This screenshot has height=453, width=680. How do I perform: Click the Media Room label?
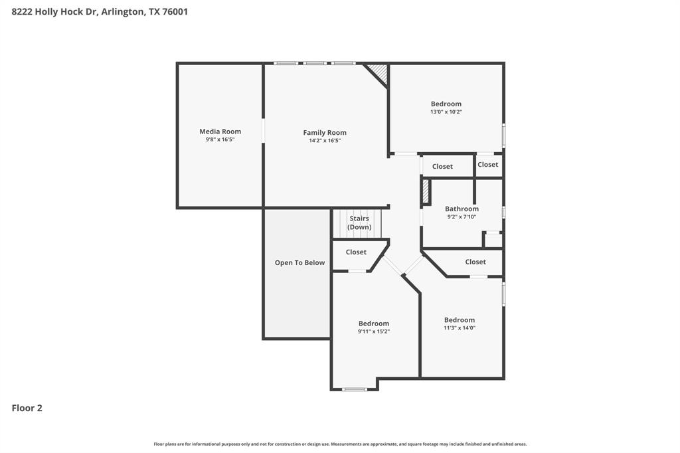220,132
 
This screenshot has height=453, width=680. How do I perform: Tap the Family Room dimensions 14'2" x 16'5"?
325,141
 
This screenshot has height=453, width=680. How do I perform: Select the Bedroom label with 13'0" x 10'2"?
446,104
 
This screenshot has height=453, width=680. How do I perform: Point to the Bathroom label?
462,209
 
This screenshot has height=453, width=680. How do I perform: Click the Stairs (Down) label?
359,223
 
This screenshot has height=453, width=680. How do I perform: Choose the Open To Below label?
299,262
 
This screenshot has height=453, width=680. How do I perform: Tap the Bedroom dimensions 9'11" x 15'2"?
374,331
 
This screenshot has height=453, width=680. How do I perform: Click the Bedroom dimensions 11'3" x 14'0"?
460,327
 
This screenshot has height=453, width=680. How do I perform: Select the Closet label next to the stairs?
356,252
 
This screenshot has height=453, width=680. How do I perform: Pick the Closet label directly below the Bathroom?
475,262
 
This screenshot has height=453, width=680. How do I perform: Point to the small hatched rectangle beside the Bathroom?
426,192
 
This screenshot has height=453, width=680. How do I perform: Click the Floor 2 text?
27,408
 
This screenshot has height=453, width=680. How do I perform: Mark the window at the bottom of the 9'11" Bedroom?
354,389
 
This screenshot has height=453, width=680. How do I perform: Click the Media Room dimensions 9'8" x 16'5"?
220,139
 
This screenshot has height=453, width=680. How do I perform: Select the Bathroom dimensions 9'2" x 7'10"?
462,217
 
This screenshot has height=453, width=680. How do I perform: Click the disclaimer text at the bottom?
340,444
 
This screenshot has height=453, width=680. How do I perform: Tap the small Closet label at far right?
487,165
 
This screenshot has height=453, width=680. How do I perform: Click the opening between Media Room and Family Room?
264,130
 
